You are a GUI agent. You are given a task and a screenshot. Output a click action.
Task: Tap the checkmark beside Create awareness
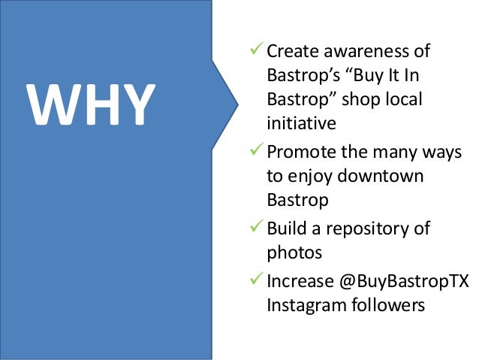point(257,51)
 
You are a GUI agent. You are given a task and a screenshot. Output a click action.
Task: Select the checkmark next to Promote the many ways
point(257,153)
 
